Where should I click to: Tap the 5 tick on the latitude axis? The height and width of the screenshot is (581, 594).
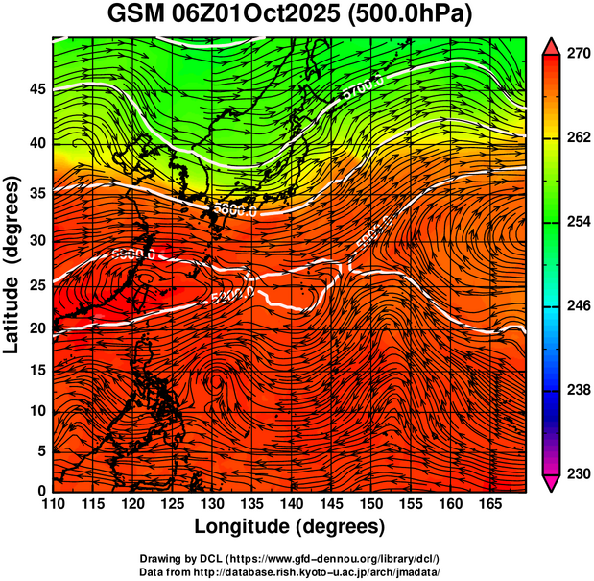[41, 450]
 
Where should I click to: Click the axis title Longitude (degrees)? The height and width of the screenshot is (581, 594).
[290, 526]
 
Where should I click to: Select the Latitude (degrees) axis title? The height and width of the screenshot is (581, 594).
[13, 263]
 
